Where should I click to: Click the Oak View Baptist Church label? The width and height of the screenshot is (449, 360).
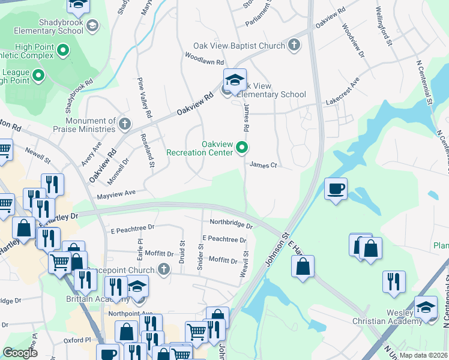(x=240, y=46)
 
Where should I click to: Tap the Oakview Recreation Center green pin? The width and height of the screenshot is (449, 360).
(x=242, y=147)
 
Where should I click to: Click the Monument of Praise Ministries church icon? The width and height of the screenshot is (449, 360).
(x=124, y=124)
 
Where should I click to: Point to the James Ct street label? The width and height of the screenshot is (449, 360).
(x=263, y=165)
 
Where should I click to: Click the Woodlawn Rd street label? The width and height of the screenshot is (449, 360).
(x=204, y=62)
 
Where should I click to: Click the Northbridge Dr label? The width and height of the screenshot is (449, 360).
(x=231, y=223)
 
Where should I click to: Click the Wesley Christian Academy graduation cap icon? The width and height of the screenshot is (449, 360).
(x=426, y=308)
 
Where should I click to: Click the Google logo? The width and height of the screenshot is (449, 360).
(x=20, y=353)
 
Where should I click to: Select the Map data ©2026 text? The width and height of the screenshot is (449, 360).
(x=424, y=355)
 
